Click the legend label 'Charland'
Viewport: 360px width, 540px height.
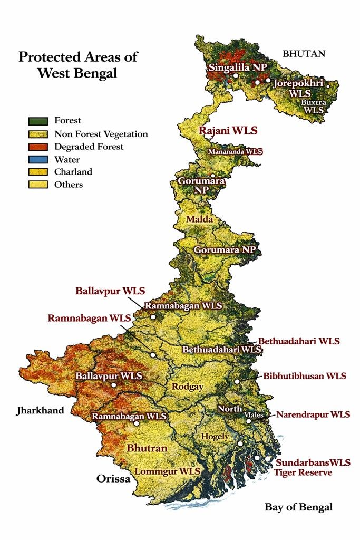pos(73,172)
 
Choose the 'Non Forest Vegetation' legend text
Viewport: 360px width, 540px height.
pos(101,134)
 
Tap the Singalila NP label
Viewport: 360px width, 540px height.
pos(238,67)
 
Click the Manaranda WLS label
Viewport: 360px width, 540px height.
pos(235,151)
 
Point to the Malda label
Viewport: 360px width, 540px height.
pos(199,219)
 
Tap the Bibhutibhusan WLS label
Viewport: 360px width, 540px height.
pos(305,376)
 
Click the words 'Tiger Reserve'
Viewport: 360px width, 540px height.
pos(303,472)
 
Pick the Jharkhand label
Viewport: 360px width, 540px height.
pos(40,410)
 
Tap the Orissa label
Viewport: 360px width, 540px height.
pos(113,479)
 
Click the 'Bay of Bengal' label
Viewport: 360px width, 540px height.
pos(298,507)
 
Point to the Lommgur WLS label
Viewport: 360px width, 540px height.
pos(168,471)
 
